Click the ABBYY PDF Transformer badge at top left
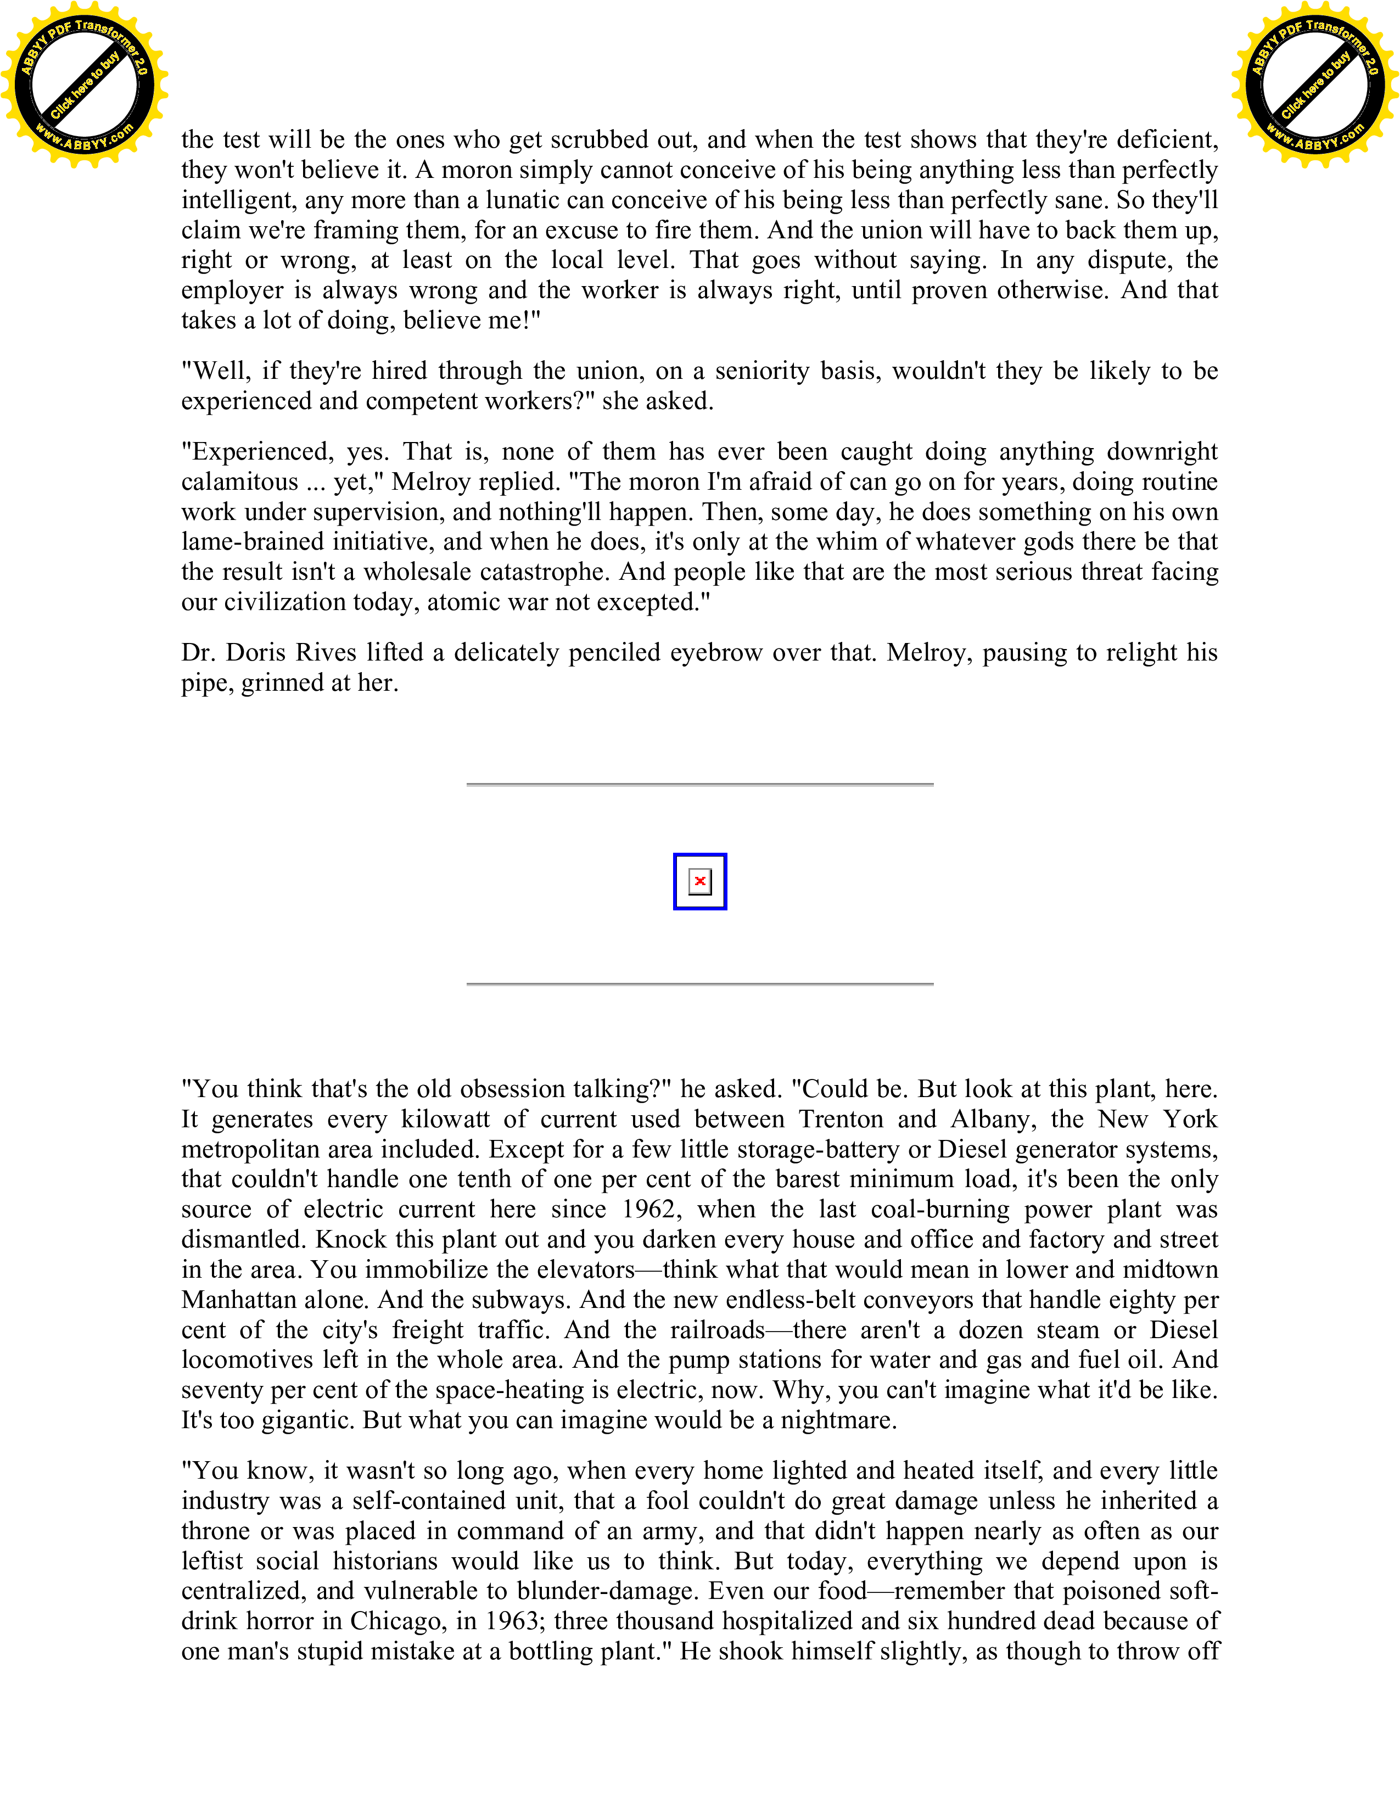(x=84, y=84)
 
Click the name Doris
(x=256, y=653)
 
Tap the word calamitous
(x=240, y=482)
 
